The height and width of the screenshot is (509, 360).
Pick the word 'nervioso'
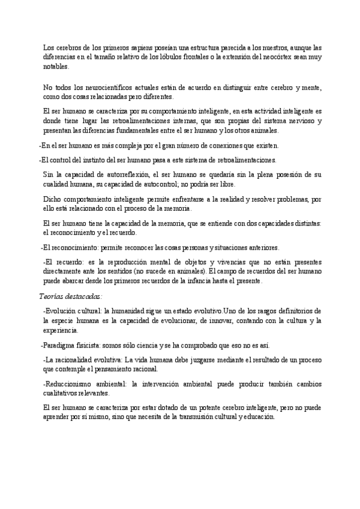point(306,121)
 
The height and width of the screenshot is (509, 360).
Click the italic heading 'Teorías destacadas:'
point(70,295)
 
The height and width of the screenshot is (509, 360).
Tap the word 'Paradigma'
point(59,345)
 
